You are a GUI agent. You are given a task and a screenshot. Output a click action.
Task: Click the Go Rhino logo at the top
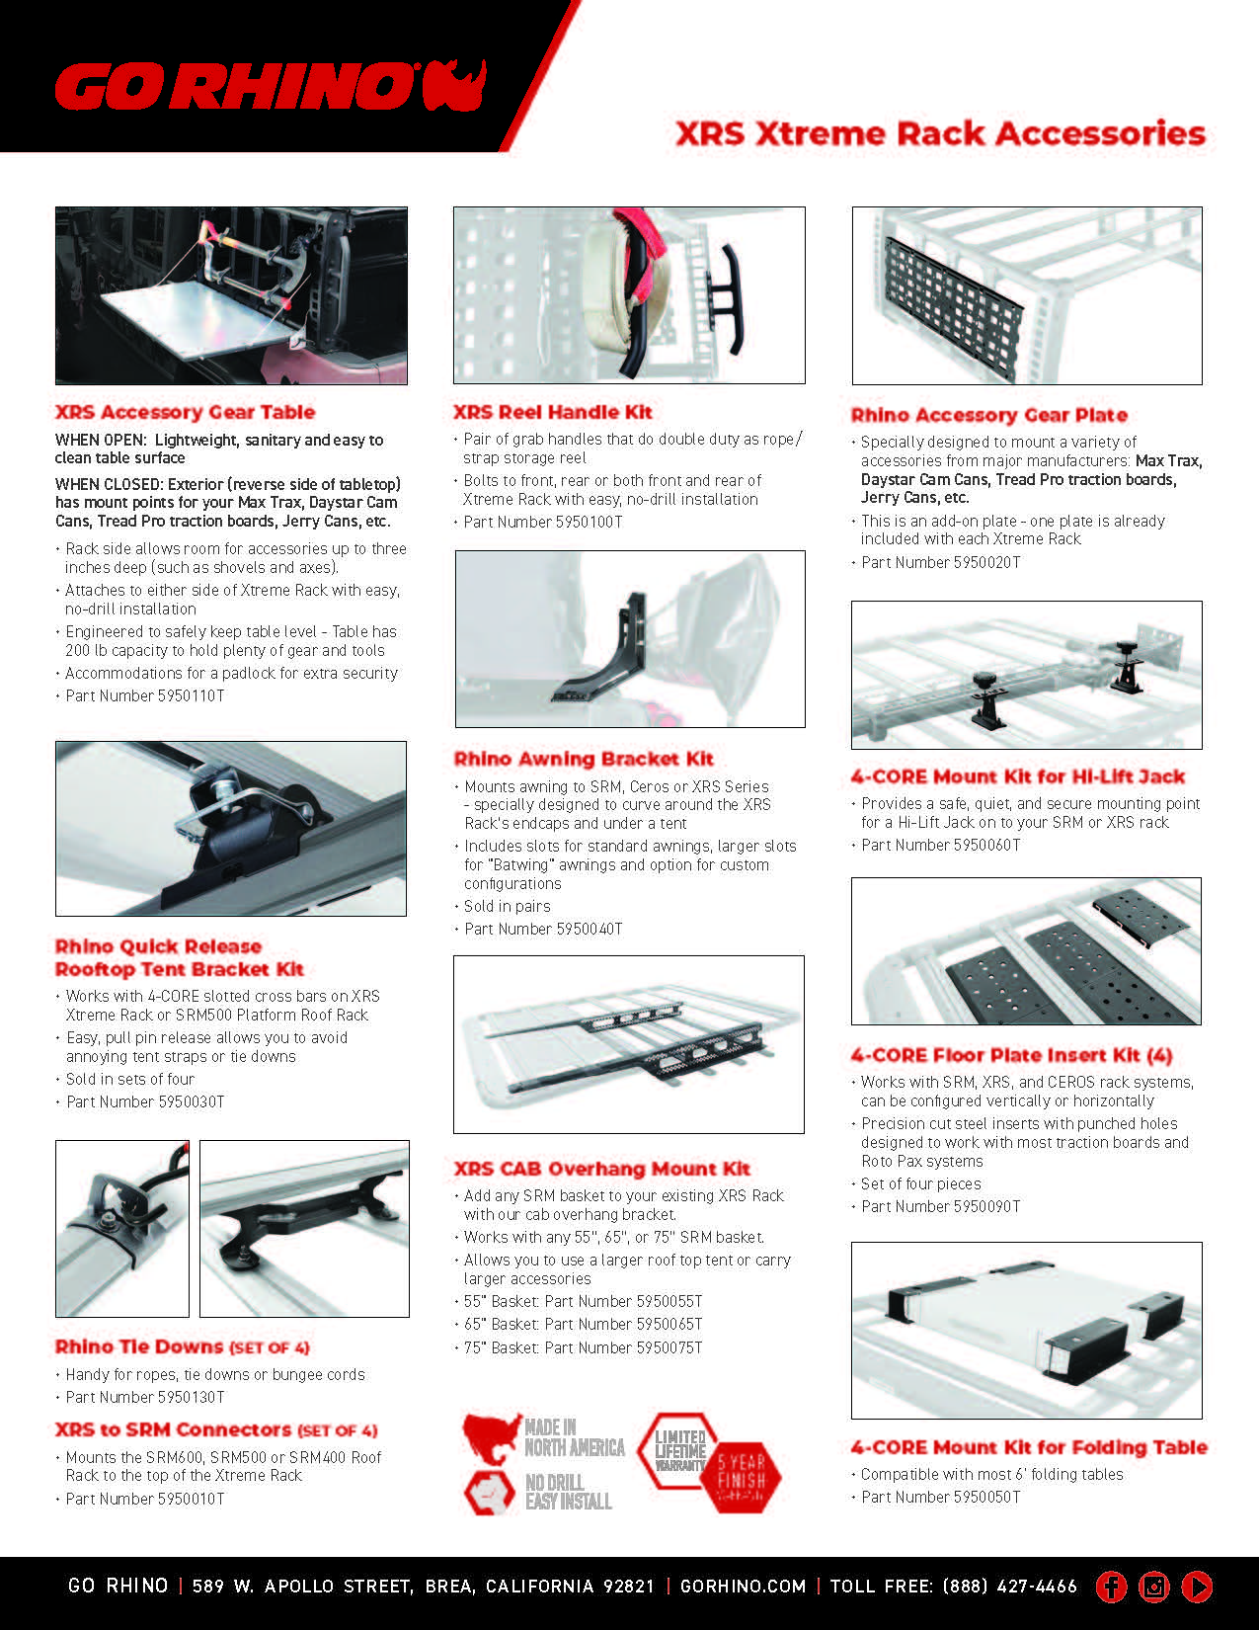click(270, 86)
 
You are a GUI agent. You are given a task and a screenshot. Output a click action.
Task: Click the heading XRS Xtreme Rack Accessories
click(940, 133)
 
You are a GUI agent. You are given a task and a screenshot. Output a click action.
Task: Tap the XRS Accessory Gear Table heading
click(185, 412)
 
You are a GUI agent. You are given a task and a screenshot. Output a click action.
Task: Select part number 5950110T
click(144, 695)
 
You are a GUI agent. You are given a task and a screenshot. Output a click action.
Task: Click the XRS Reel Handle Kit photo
click(629, 294)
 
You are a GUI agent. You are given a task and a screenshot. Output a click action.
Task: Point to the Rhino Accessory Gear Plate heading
click(988, 415)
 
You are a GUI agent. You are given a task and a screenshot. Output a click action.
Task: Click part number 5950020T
click(940, 562)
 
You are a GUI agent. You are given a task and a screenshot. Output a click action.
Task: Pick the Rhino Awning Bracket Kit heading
click(583, 759)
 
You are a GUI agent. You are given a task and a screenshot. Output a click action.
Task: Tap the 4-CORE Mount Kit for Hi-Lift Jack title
click(1017, 776)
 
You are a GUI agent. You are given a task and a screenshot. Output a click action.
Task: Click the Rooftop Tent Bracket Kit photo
click(231, 828)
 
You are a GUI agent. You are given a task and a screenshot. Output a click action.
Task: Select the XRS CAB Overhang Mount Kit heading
click(601, 1169)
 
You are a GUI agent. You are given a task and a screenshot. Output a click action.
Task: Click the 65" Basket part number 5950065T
click(583, 1324)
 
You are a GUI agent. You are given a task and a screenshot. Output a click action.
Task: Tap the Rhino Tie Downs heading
click(182, 1346)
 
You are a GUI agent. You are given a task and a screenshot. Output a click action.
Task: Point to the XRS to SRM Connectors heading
click(215, 1429)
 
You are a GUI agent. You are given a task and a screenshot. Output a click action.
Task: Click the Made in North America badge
click(543, 1438)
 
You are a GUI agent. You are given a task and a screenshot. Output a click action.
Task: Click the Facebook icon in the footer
click(1111, 1587)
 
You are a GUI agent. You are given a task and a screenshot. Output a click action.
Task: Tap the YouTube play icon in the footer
click(1196, 1587)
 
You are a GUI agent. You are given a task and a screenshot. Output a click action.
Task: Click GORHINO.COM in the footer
click(743, 1587)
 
